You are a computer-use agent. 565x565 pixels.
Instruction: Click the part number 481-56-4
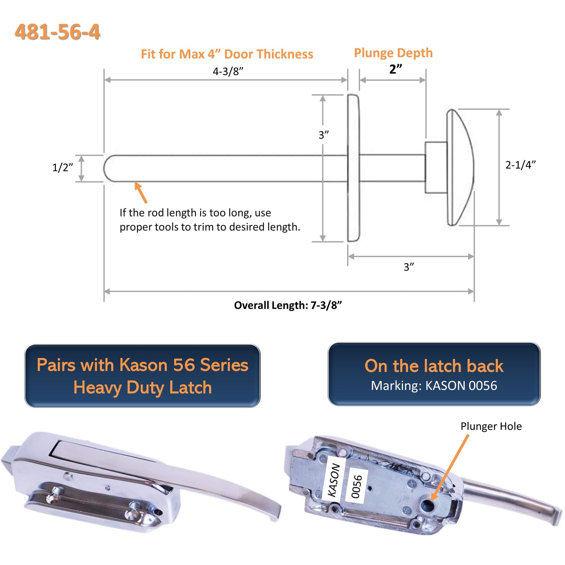pyautogui.click(x=57, y=32)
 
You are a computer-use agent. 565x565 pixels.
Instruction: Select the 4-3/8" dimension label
pyautogui.click(x=228, y=71)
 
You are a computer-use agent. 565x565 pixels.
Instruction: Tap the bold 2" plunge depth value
pyautogui.click(x=395, y=69)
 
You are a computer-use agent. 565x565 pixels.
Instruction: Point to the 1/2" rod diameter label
pyautogui.click(x=63, y=167)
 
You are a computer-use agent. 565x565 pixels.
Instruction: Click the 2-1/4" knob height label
pyautogui.click(x=520, y=165)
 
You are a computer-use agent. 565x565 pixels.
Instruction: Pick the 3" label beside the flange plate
pyautogui.click(x=323, y=135)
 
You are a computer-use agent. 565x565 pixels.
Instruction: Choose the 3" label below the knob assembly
pyautogui.click(x=409, y=267)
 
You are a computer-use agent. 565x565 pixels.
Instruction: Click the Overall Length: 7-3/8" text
pyautogui.click(x=288, y=305)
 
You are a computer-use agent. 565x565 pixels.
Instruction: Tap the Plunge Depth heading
pyautogui.click(x=393, y=53)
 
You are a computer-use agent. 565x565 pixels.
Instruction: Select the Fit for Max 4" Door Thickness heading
pyautogui.click(x=227, y=54)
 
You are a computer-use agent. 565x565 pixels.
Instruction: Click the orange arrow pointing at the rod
pyautogui.click(x=141, y=192)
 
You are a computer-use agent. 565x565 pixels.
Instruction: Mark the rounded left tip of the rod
pyautogui.click(x=107, y=169)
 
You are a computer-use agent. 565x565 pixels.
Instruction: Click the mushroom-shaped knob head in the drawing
pyautogui.click(x=461, y=167)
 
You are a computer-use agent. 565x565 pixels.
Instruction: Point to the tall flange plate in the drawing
pyautogui.click(x=353, y=168)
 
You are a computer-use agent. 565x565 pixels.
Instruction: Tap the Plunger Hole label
pyautogui.click(x=491, y=426)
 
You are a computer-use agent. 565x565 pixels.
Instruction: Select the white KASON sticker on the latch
pyautogui.click(x=334, y=479)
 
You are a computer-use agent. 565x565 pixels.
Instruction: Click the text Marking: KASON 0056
pyautogui.click(x=434, y=386)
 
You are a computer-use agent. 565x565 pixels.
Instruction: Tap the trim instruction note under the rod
pyautogui.click(x=210, y=220)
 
